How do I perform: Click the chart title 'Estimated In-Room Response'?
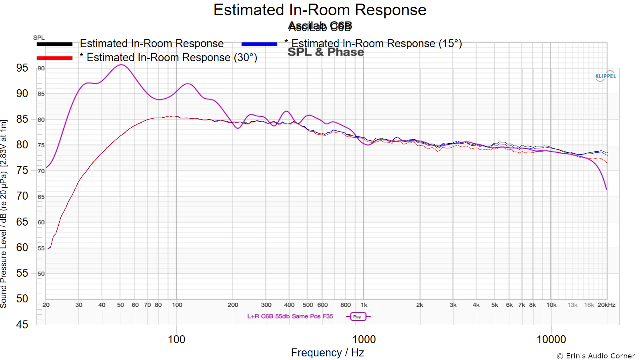(320, 10)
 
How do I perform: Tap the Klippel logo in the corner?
(605, 76)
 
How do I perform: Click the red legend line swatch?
(54, 58)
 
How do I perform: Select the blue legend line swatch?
(259, 44)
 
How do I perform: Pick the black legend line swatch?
(54, 44)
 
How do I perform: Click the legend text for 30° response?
(168, 58)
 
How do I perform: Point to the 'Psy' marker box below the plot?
(357, 316)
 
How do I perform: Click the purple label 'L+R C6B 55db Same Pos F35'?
(290, 316)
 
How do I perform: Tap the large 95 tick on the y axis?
(22, 68)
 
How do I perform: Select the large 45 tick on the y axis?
(22, 324)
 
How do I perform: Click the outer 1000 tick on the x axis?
(364, 339)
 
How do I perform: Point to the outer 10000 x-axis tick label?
(551, 339)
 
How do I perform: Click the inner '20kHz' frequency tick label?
(606, 305)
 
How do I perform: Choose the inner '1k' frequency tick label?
(364, 305)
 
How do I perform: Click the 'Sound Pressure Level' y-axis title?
(4, 214)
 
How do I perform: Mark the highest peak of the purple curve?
(121, 65)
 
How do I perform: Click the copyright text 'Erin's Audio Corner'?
(596, 356)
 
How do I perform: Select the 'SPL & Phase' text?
(326, 52)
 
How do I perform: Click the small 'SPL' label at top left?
(39, 38)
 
